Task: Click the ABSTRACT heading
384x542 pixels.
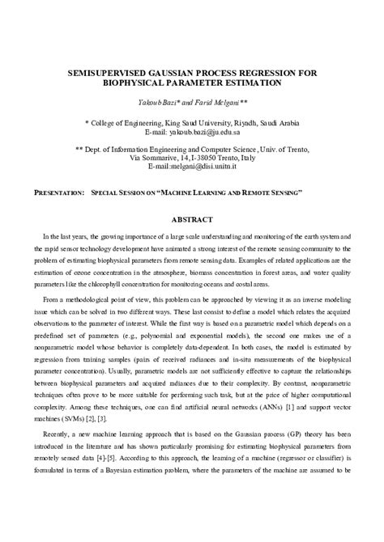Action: (x=192, y=219)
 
